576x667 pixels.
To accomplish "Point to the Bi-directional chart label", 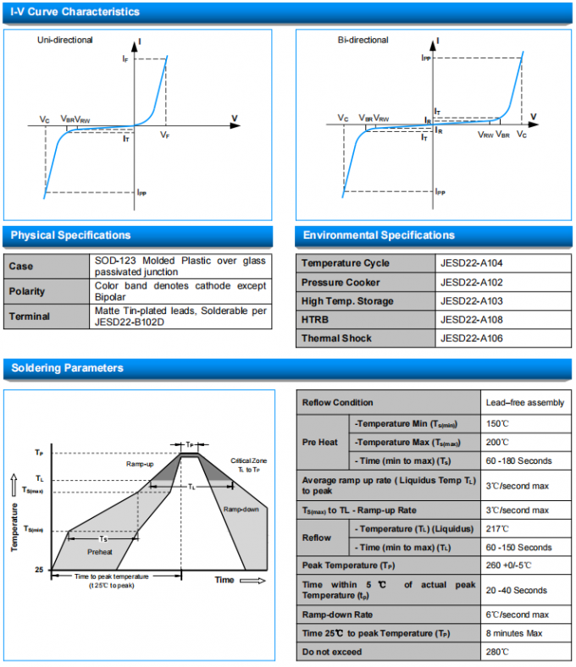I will coord(363,40).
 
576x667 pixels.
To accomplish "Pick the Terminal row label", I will coord(30,317).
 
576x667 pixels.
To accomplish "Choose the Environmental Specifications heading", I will coord(379,235).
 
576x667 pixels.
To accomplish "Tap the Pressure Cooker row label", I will coord(341,283).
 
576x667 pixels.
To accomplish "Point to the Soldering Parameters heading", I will coord(67,368).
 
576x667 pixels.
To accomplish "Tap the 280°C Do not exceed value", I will coord(497,652).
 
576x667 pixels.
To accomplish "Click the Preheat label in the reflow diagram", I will coord(100,550).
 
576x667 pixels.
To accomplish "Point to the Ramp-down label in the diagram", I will coord(241,510).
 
